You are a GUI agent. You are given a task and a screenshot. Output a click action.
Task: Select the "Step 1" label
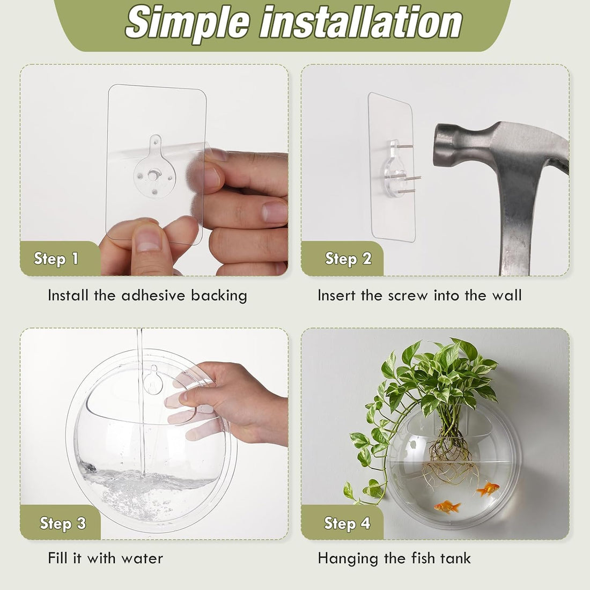(x=56, y=259)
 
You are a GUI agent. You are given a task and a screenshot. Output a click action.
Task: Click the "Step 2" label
(x=348, y=259)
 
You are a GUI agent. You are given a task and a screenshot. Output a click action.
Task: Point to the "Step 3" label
(x=63, y=523)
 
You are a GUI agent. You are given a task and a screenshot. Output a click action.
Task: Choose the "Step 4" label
(x=347, y=523)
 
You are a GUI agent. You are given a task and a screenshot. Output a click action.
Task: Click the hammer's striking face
(x=439, y=145)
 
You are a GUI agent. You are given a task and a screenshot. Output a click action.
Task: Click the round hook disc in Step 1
(x=154, y=175)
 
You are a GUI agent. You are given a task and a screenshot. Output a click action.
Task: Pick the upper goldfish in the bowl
(x=488, y=489)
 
